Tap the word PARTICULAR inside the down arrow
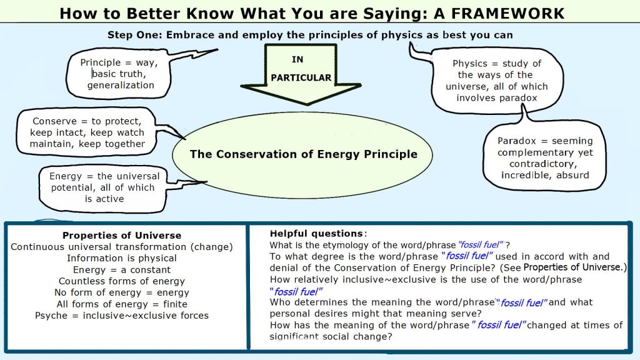[301, 77]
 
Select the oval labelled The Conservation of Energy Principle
[302, 155]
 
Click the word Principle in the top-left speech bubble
[101, 62]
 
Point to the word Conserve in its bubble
[55, 121]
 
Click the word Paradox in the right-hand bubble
[517, 141]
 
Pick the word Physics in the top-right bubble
[470, 64]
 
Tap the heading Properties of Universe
[122, 236]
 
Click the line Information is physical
[122, 258]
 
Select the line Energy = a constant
[122, 270]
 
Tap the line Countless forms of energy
[122, 281]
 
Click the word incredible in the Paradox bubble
[522, 175]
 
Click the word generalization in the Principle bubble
[121, 85]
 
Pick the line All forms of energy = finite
[122, 304]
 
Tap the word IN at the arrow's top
[297, 59]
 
